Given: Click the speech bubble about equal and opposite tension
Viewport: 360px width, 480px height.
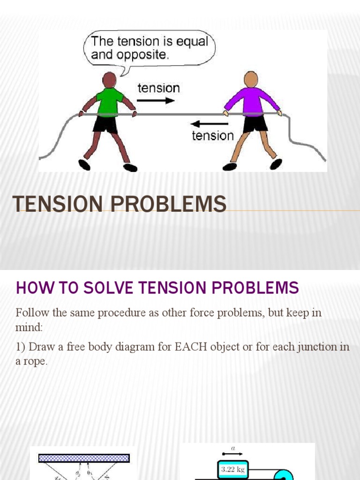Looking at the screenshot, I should [x=149, y=48].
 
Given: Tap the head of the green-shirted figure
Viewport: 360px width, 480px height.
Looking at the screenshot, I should [x=109, y=80].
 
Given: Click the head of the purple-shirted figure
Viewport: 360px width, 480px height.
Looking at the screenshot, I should [x=251, y=79].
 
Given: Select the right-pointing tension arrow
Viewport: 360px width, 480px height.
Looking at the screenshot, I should [x=156, y=100].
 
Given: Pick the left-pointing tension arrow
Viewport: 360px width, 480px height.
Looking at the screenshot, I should [x=210, y=124].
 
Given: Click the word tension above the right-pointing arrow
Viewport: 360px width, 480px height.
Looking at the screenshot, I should [x=158, y=88].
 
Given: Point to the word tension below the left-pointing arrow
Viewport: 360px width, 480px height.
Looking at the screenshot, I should [x=213, y=136].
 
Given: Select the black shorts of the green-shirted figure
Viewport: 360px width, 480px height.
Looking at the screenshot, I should [x=105, y=125].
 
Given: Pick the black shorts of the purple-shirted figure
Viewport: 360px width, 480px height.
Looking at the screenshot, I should [x=255, y=124].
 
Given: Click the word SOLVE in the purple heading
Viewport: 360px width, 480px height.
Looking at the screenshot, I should [x=105, y=287].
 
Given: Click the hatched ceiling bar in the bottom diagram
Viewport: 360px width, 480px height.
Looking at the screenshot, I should [x=84, y=458].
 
